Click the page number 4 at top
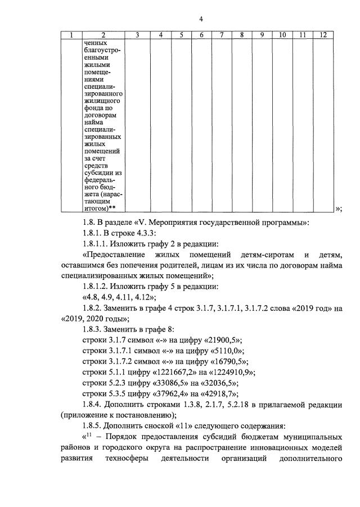pyautogui.click(x=201, y=19)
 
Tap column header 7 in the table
pyautogui.click(x=222, y=35)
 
